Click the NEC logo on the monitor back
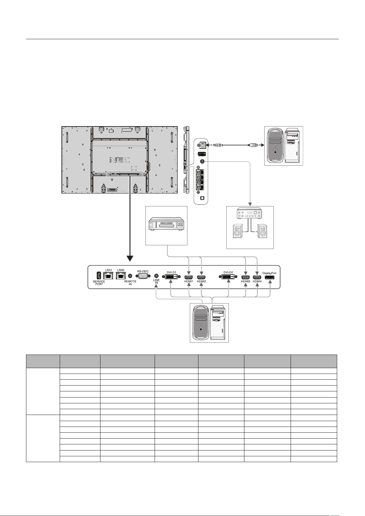coord(119,160)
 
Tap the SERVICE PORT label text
coord(99,283)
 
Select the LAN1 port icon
coord(108,276)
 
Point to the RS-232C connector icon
coord(143,276)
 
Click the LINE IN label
coord(156,281)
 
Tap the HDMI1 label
coord(189,281)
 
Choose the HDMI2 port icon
coord(201,277)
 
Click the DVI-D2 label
coord(228,272)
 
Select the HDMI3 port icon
coord(246,277)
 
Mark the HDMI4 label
coord(257,281)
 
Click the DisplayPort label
coord(269,273)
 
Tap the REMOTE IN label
coord(130,283)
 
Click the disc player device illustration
coord(166,224)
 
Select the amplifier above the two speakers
coord(250,213)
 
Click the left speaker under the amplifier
coord(238,231)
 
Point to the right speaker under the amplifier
coord(262,231)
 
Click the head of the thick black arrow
coord(130,258)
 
